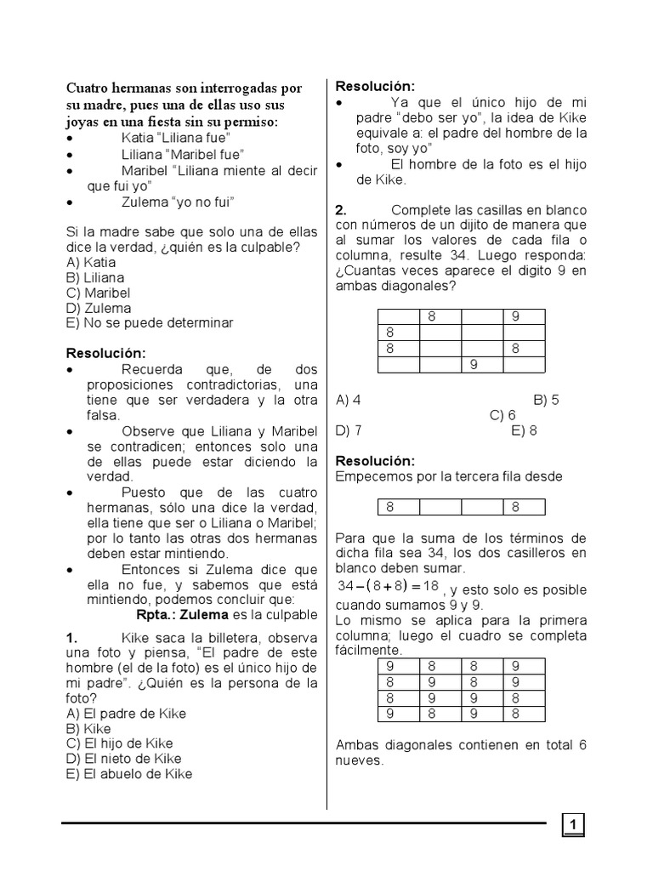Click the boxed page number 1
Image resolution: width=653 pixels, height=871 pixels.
pyautogui.click(x=573, y=824)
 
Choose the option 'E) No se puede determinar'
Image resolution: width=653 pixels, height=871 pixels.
pyautogui.click(x=149, y=323)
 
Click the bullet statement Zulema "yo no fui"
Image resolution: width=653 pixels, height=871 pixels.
pyautogui.click(x=177, y=201)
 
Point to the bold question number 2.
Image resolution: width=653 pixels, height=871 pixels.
pyautogui.click(x=341, y=210)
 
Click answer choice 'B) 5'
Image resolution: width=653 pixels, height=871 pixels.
pyautogui.click(x=545, y=400)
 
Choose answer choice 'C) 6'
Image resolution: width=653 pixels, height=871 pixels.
pyautogui.click(x=503, y=415)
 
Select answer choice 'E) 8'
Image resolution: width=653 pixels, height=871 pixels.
pyautogui.click(x=524, y=430)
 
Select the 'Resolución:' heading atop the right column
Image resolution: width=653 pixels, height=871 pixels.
pyautogui.click(x=375, y=87)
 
